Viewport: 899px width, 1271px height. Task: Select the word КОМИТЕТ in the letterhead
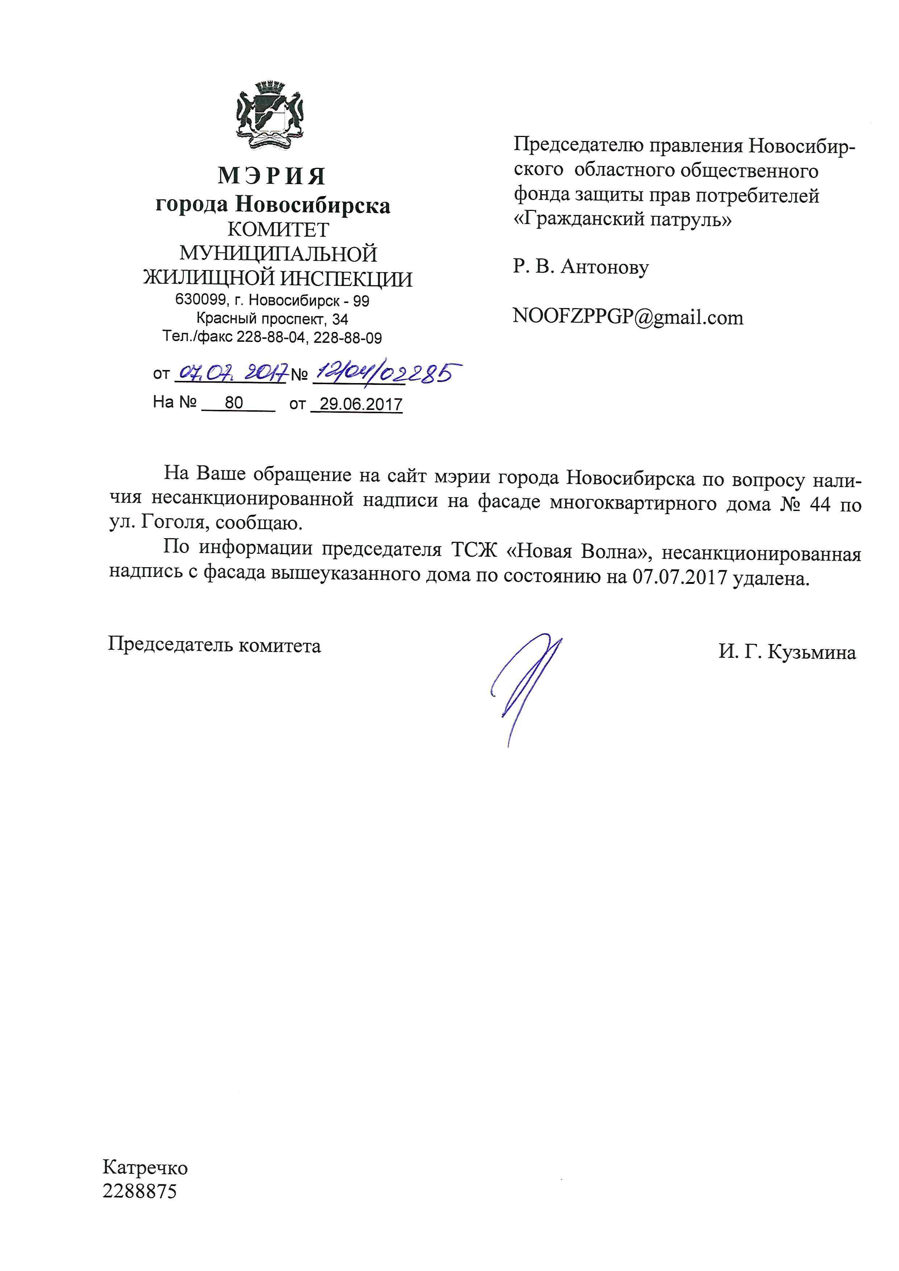point(278,229)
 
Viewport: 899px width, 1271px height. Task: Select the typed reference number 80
point(234,402)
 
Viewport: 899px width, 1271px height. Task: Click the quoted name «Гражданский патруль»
point(622,220)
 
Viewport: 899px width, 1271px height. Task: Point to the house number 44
point(820,505)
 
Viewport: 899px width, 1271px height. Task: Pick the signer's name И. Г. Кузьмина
point(787,652)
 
